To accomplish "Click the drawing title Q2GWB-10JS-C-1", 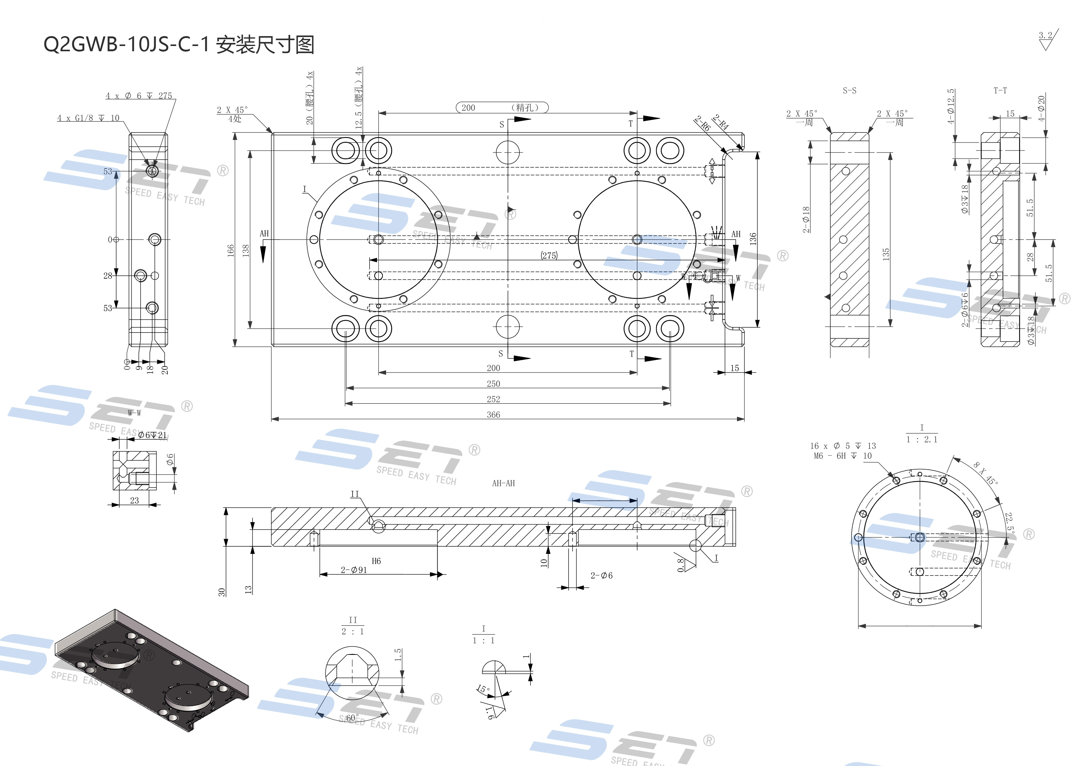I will (125, 45).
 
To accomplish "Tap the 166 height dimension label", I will (231, 250).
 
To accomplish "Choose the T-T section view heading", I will (1000, 90).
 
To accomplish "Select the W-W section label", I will (134, 413).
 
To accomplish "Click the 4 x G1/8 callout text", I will (88, 118).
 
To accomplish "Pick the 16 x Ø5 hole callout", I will (843, 446).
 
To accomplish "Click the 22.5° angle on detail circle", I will (1009, 522).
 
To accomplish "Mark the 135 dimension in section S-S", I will (886, 254).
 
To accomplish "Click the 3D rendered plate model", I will (151, 670).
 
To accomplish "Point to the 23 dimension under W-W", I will (134, 500).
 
